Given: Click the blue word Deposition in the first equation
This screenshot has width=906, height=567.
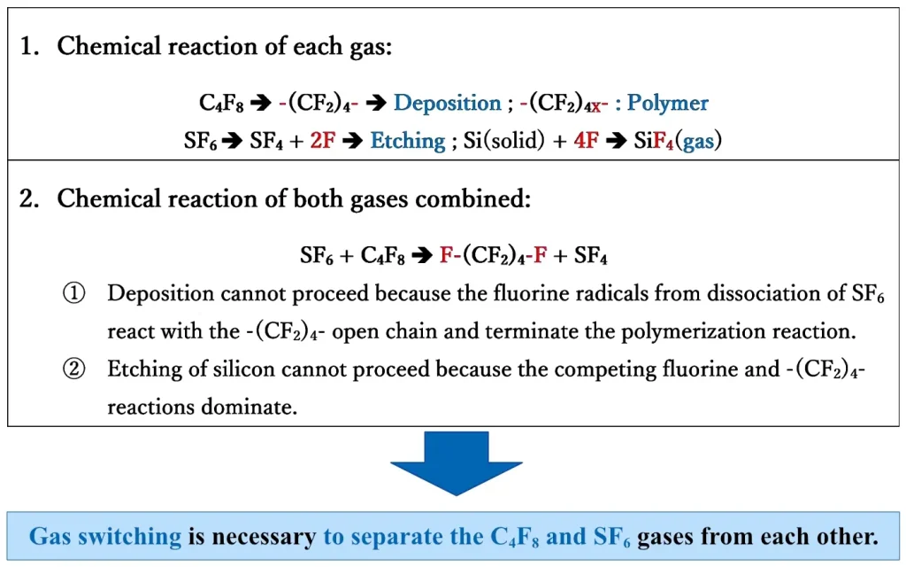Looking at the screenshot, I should point(447,104).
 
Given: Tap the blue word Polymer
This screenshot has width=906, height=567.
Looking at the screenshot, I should point(668,104).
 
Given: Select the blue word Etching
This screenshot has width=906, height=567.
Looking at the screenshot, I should point(407,141).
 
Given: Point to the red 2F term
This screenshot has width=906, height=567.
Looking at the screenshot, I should point(322,141).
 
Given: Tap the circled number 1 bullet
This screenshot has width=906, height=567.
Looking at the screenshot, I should point(73,294).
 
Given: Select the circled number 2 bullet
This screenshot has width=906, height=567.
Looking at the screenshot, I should point(73,369).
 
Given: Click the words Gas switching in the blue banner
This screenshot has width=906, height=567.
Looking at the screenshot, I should point(104,536).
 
